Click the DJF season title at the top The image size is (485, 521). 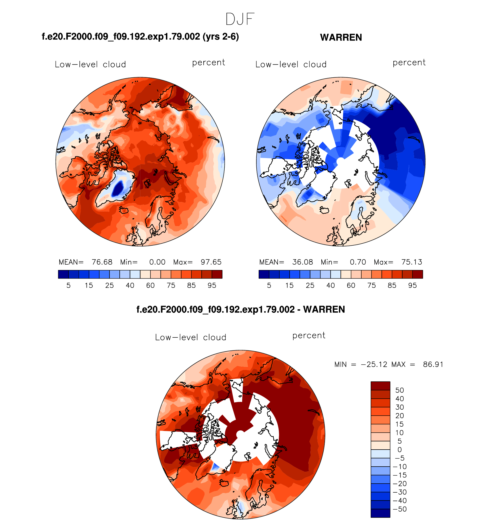click(240, 20)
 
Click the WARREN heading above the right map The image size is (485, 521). click(341, 37)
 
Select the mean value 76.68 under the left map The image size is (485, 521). click(102, 262)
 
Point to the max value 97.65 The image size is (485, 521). click(211, 262)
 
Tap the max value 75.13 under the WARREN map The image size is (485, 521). click(412, 262)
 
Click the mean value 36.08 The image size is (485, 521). click(302, 262)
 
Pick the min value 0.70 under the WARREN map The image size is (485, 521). click(358, 262)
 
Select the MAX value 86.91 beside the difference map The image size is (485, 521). click(433, 364)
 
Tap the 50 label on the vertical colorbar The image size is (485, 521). click(399, 390)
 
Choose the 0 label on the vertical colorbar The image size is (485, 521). click(399, 450)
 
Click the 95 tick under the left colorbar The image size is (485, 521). click(212, 286)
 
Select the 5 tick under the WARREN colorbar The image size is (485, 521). click(269, 286)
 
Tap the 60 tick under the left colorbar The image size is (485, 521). click(150, 286)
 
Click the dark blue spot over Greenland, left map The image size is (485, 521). click(118, 188)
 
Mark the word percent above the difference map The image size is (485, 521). click(309, 335)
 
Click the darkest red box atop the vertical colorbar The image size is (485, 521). click(380, 386)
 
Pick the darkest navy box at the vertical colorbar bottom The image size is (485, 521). click(380, 513)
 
